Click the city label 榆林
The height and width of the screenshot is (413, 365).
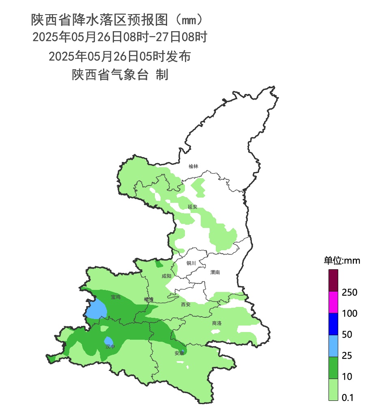pyautogui.click(x=193, y=166)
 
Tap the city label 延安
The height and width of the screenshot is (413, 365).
pyautogui.click(x=192, y=207)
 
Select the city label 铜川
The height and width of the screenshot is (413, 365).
pyautogui.click(x=191, y=263)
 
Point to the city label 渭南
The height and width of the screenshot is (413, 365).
pyautogui.click(x=215, y=272)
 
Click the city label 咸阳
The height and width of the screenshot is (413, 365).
pyautogui.click(x=166, y=276)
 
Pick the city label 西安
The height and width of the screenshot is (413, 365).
pyautogui.click(x=186, y=304)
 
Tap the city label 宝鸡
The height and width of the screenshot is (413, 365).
pyautogui.click(x=116, y=297)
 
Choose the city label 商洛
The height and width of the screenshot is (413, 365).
pyautogui.click(x=217, y=323)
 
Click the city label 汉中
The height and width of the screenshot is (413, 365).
pyautogui.click(x=110, y=347)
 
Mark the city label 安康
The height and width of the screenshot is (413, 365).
pyautogui.click(x=179, y=353)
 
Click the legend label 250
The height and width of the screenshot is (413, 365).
pyautogui.click(x=349, y=292)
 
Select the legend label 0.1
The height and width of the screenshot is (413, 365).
pyautogui.click(x=348, y=398)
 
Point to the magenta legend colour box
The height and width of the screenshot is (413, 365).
pyautogui.click(x=333, y=302)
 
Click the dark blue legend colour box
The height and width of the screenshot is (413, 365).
pyautogui.click(x=333, y=324)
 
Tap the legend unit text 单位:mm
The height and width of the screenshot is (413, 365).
pyautogui.click(x=341, y=261)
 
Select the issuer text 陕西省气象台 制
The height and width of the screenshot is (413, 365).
pyautogui.click(x=120, y=75)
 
